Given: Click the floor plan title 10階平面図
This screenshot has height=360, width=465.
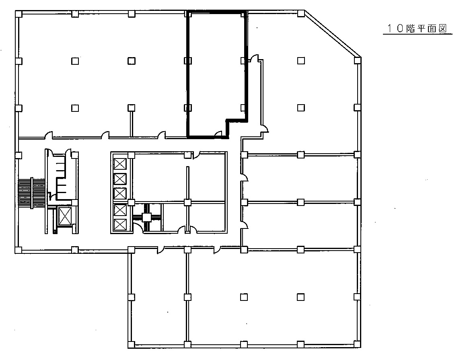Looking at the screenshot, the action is point(417,28).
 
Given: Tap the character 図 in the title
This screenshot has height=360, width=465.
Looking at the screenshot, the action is point(443,28).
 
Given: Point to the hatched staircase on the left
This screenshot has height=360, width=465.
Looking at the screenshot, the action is point(31,193).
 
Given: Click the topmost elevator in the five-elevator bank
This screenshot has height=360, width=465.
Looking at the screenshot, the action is point(120,164).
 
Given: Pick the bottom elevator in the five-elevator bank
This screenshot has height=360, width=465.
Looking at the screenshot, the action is point(120,225).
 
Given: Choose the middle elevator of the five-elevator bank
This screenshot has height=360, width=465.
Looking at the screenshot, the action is point(120,193).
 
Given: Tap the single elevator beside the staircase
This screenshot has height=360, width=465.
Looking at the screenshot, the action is point(65,216).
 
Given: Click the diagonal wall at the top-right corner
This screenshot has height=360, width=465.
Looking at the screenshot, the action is point(332,33).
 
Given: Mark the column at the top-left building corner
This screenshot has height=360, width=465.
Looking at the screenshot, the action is point(19,14).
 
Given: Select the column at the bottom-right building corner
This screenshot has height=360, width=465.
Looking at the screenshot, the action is point(357,345).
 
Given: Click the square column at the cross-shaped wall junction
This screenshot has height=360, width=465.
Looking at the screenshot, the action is point(147,217).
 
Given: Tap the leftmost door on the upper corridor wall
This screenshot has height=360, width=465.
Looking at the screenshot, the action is point(49,135).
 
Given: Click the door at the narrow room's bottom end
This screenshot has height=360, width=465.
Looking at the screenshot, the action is point(265,128).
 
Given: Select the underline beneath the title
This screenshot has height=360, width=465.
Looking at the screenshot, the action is point(418,34).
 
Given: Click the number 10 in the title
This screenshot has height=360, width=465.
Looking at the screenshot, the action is point(396,28).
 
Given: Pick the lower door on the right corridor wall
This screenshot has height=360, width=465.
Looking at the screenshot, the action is point(244,225).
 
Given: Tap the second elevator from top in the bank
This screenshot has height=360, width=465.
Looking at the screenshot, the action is point(120,179).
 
